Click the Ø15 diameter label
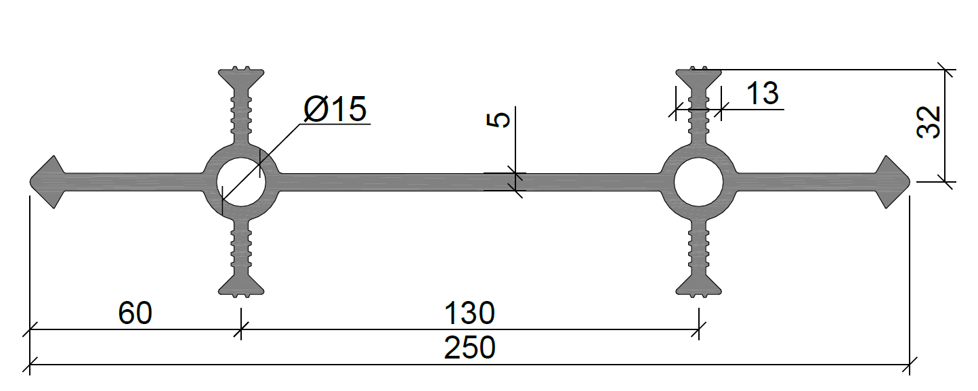335,108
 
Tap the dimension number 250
470,348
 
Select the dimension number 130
470,313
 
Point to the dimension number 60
135,313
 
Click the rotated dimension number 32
929,122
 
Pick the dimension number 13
763,93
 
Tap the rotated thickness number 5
498,120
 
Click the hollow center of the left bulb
241,182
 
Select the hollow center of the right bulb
698,182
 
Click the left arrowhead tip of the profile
30,182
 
